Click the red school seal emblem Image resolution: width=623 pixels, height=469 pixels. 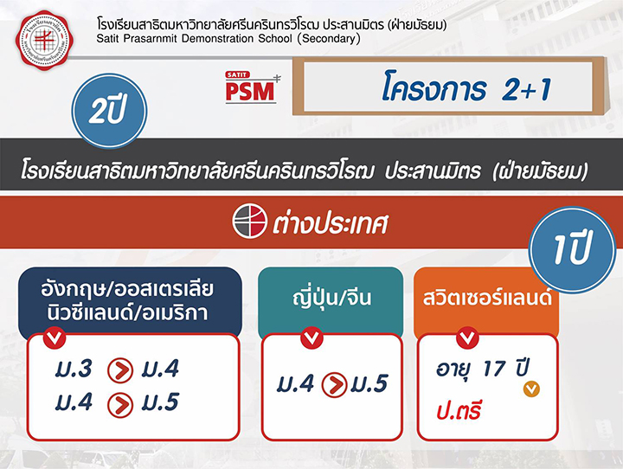44,40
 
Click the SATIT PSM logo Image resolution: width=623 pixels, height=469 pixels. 252,87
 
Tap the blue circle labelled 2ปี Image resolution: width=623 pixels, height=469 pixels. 109,111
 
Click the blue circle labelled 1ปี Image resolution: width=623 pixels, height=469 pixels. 572,249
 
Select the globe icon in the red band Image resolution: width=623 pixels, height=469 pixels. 249,221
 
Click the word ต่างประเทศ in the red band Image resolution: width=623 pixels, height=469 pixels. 331,224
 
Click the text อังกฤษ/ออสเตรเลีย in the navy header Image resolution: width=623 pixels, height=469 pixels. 127,289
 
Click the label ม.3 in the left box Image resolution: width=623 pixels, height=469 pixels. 74,369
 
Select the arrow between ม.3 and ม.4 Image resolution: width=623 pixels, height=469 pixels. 120,370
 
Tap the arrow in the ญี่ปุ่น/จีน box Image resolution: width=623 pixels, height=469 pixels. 334,385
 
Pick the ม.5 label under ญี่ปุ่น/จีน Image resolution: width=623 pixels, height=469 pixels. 369,384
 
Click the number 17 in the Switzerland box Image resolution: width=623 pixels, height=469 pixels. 494,369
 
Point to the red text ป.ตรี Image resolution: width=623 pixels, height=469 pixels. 459,411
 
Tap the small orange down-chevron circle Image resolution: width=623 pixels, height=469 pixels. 531,389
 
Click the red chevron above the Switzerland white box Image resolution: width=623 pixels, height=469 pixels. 467,337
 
